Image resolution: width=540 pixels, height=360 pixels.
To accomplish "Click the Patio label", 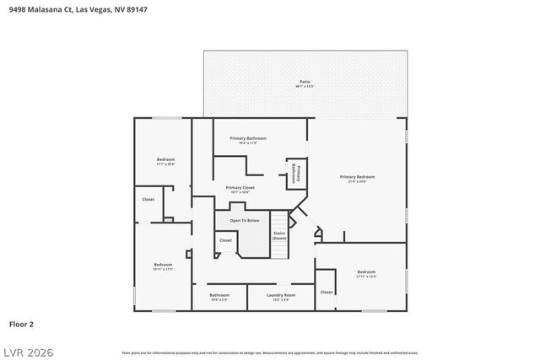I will (x=305, y=83).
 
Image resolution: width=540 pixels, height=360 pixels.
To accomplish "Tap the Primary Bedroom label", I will (x=357, y=178).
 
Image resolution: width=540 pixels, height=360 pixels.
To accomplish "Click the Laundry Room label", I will (x=280, y=296).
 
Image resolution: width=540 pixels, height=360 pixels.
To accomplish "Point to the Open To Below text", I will (x=244, y=221).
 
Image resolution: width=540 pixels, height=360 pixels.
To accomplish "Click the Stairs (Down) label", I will (x=279, y=235).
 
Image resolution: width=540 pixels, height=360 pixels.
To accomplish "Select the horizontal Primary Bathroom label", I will (x=248, y=139).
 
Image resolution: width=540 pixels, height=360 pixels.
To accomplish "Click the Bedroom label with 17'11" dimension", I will (x=366, y=273).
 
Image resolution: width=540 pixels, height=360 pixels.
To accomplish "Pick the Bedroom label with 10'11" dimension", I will (x=163, y=266).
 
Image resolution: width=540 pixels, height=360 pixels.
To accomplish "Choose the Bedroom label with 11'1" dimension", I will (x=165, y=160).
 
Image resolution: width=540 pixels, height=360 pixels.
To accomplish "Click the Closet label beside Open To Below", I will (x=225, y=240).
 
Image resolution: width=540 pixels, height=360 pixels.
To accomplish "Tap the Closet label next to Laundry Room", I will (x=327, y=292).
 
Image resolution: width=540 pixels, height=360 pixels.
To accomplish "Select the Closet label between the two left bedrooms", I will (x=148, y=200).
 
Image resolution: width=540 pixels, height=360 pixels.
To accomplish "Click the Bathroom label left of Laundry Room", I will (x=219, y=296).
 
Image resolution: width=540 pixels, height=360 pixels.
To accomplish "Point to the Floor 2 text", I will (x=21, y=323).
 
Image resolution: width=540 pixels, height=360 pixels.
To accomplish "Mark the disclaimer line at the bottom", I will (x=269, y=352).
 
